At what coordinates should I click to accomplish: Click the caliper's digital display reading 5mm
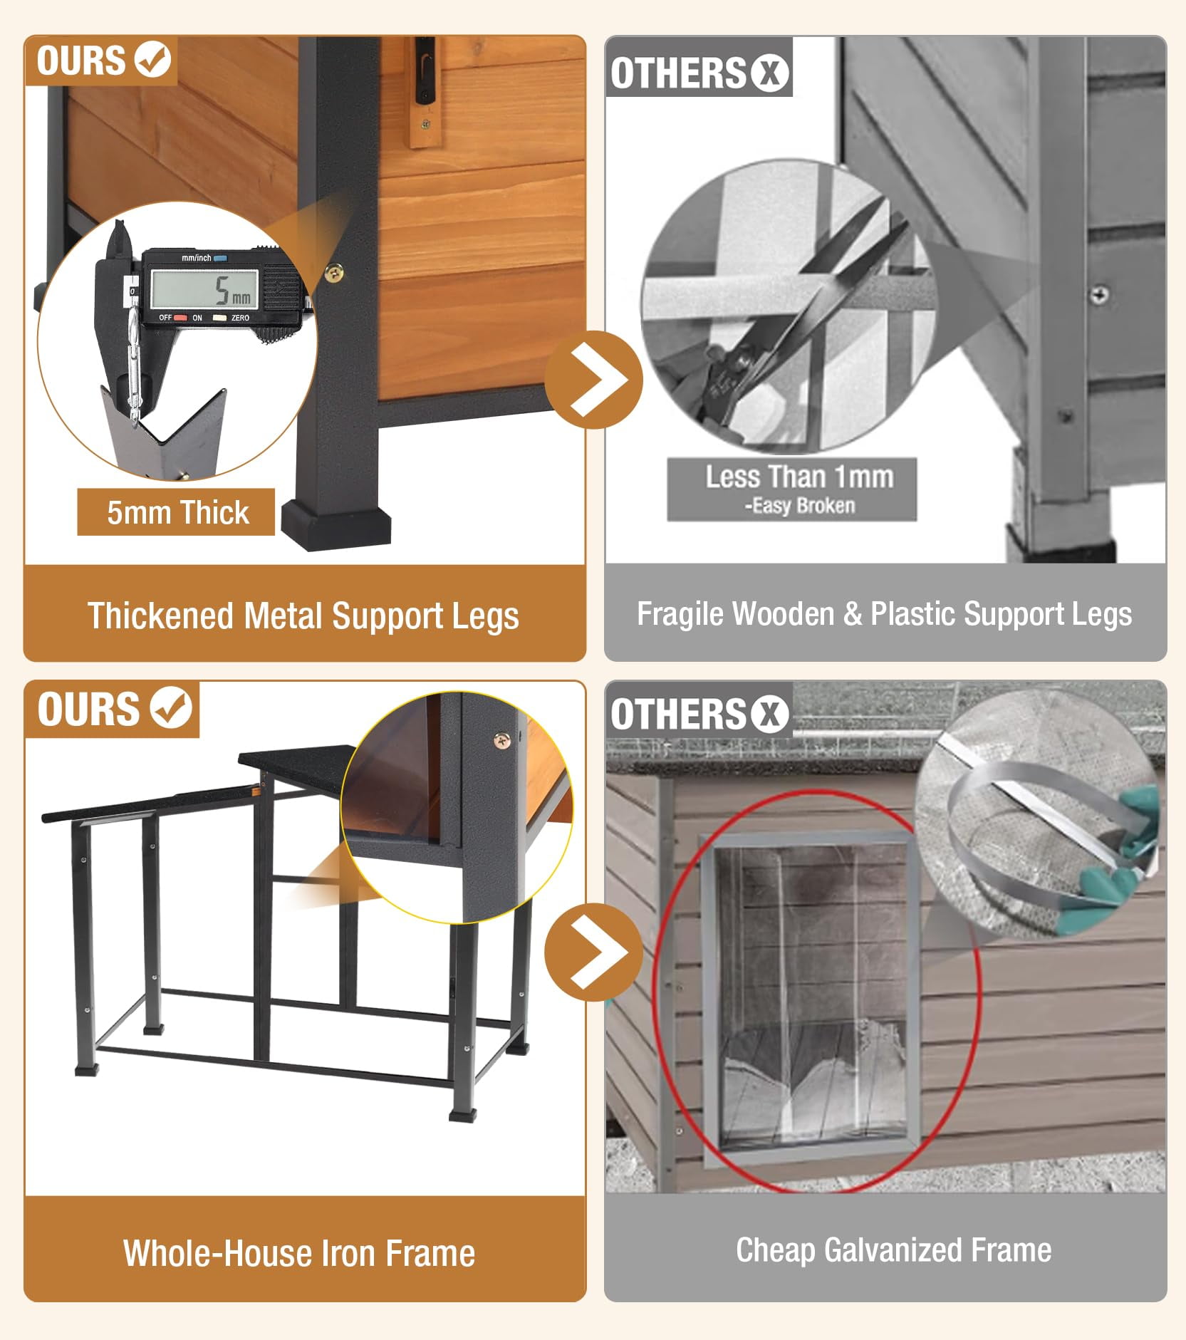(x=204, y=288)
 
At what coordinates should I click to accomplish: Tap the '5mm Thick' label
(x=177, y=512)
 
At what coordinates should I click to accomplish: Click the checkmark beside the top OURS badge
(x=153, y=58)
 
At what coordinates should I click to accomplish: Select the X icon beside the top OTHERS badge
(x=769, y=73)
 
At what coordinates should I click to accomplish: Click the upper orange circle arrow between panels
(x=593, y=379)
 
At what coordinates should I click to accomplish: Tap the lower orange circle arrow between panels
(x=593, y=952)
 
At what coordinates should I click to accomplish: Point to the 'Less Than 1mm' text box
(x=791, y=489)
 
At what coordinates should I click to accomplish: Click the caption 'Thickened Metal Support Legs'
(x=303, y=616)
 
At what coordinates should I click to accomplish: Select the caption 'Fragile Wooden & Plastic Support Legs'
(x=884, y=614)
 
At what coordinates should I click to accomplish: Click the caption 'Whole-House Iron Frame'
(x=299, y=1253)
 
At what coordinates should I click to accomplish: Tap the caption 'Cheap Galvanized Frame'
(x=893, y=1250)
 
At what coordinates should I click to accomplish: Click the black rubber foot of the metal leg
(x=335, y=525)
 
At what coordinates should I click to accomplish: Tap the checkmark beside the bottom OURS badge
(x=171, y=707)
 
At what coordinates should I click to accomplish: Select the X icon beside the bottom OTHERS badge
(x=769, y=715)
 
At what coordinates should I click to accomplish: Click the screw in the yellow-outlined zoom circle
(x=502, y=740)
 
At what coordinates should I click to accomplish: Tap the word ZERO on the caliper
(x=240, y=318)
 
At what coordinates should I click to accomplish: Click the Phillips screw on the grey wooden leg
(x=1100, y=294)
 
